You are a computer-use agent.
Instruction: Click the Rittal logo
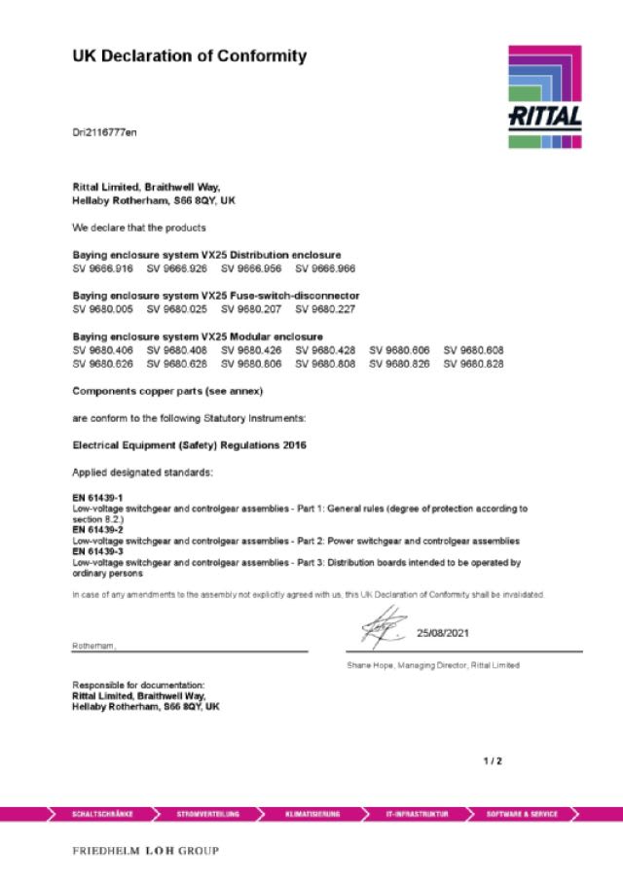click(544, 96)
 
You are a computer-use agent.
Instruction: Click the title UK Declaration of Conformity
click(190, 56)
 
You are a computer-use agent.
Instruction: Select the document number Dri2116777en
click(104, 131)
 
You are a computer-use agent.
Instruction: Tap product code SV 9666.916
click(102, 266)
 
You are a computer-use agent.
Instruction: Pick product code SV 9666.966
click(325, 266)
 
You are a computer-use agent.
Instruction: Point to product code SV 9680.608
click(474, 349)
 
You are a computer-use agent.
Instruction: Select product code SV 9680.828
click(474, 363)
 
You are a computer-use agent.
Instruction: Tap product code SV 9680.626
click(102, 363)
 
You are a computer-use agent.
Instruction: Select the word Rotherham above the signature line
click(94, 646)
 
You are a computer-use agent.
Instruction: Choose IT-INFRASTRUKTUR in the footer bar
click(417, 813)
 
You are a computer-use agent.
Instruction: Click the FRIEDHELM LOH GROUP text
click(146, 851)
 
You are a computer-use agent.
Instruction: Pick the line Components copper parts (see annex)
click(168, 391)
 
